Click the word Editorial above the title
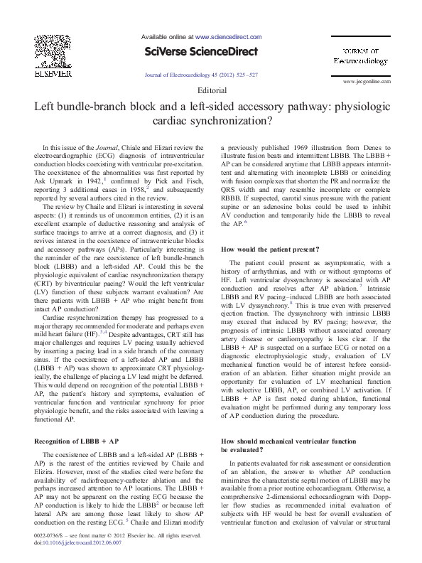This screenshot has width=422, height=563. coord(210,91)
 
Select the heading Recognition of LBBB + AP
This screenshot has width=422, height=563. coord(74,422)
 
